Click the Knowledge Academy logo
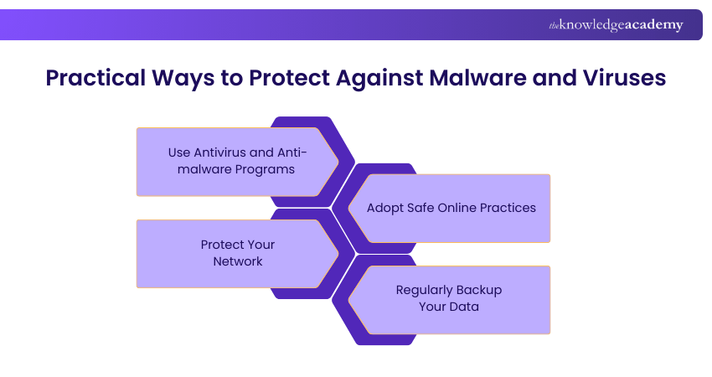(616, 25)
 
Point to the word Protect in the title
(284, 78)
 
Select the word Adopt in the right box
(384, 208)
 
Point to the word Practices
(508, 208)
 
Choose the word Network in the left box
(237, 261)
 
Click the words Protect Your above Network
(237, 245)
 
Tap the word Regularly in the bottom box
(425, 290)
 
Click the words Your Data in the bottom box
(449, 307)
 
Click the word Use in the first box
(179, 152)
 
